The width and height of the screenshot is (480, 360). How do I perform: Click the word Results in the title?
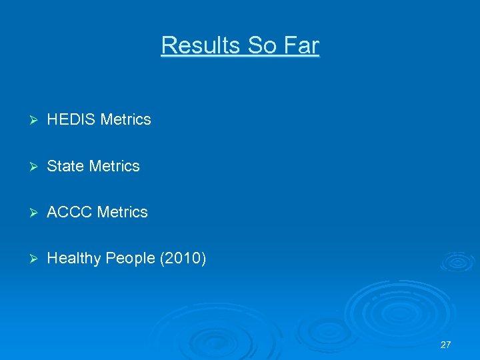pyautogui.click(x=201, y=45)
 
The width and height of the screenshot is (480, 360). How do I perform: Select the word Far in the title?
pyautogui.click(x=302, y=45)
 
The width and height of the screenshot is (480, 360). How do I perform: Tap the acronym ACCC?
pyautogui.click(x=70, y=213)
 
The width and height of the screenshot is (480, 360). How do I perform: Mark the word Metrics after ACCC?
pyautogui.click(x=122, y=213)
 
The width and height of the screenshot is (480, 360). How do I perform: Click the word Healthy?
pyautogui.click(x=73, y=259)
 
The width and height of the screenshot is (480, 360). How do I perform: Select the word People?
pyautogui.click(x=129, y=259)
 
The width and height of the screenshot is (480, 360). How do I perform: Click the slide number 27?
pyautogui.click(x=445, y=345)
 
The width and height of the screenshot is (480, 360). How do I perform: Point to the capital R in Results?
pyautogui.click(x=167, y=45)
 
